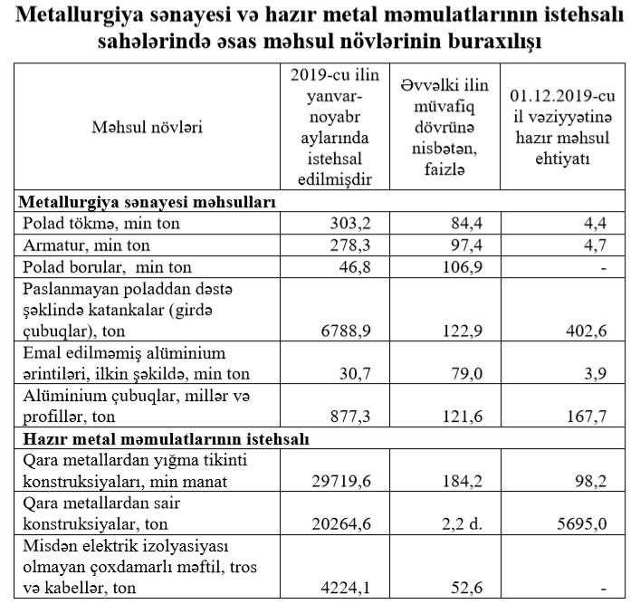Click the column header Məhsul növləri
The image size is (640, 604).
[147, 126]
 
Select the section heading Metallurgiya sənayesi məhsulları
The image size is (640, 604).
[147, 200]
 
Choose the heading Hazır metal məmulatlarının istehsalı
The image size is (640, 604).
[164, 439]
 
